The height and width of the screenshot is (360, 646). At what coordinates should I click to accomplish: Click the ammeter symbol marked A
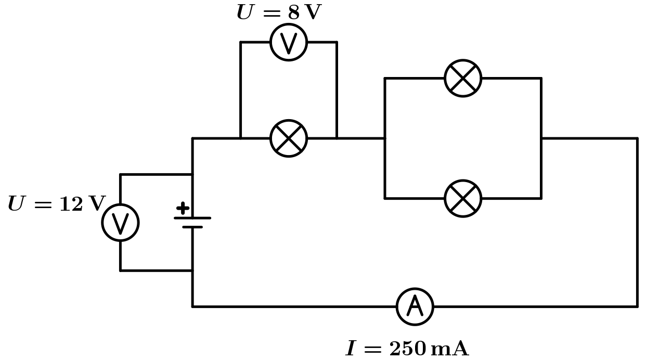(x=415, y=306)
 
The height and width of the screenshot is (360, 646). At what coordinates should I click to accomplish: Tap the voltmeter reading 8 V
(x=289, y=42)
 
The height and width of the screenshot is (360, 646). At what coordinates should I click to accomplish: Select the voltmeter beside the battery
(x=120, y=223)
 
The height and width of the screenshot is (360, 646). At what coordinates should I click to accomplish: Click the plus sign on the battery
(x=183, y=208)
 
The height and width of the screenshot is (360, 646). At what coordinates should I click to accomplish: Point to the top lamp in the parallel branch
(x=463, y=78)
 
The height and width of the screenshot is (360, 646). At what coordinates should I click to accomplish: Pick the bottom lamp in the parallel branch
(x=463, y=198)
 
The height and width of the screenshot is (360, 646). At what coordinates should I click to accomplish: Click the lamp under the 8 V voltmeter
(x=289, y=138)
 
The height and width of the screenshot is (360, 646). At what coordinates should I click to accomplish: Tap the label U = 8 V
(x=279, y=12)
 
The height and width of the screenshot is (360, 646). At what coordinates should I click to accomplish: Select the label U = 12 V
(x=56, y=204)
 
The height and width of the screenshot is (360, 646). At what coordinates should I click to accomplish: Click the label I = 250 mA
(x=407, y=349)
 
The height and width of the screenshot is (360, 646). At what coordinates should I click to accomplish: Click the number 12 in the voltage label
(x=71, y=204)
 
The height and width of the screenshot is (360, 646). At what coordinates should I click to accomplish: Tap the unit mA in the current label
(x=449, y=349)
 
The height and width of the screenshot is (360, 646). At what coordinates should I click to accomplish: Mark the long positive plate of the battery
(x=192, y=218)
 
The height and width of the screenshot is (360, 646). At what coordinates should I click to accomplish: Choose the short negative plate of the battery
(x=192, y=227)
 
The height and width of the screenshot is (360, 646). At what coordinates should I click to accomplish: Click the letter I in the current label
(x=352, y=349)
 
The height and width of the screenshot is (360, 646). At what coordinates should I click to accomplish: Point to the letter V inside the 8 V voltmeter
(x=289, y=43)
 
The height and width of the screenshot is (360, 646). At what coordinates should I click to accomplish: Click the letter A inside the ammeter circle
(x=415, y=306)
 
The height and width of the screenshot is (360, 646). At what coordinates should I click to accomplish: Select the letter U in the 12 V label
(x=17, y=204)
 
